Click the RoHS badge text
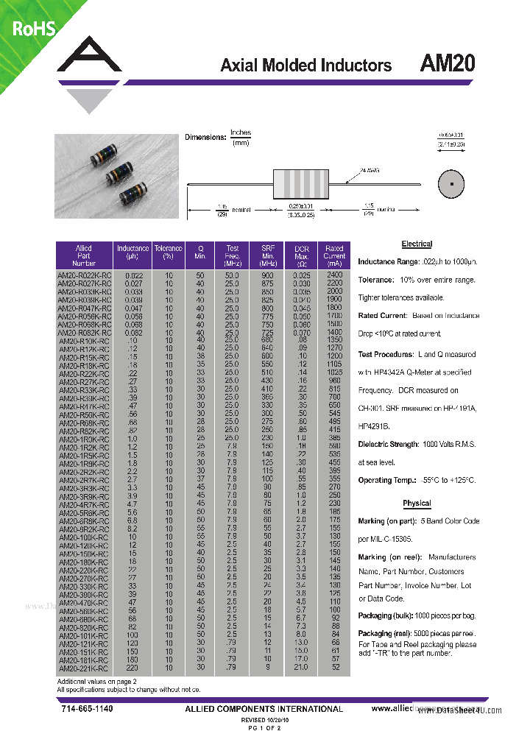coord(32,28)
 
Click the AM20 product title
coord(447,64)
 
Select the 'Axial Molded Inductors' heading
coord(305,66)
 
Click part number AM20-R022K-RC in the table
coord(84,274)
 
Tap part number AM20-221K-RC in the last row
coord(84,668)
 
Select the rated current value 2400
coord(334,274)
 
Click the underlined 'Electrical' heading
coord(417,244)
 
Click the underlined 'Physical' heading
coord(417,504)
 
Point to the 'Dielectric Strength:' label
coord(389,445)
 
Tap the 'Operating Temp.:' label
coord(385,480)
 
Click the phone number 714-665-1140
coord(87,708)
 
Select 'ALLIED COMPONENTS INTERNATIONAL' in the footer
coord(264,709)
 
